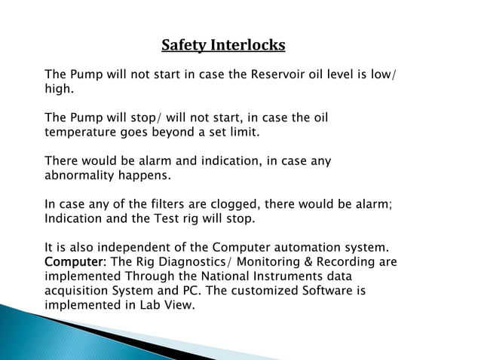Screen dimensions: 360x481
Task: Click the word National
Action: (219, 276)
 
